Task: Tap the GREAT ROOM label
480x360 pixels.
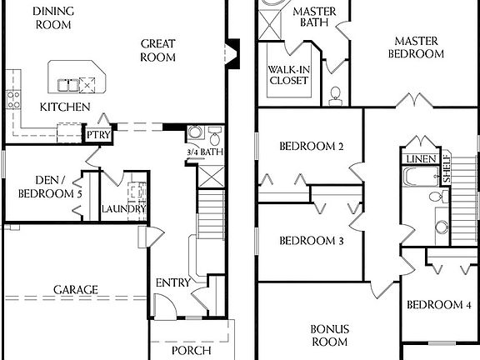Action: (x=157, y=51)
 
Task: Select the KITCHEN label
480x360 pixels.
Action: (x=65, y=107)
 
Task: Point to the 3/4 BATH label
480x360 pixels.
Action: (x=203, y=152)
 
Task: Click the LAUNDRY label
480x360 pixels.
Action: (x=124, y=208)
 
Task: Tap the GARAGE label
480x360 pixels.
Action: (x=76, y=290)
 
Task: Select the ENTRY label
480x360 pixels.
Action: (x=174, y=283)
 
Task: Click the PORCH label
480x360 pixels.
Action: (x=191, y=350)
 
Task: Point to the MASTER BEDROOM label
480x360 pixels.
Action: (x=417, y=47)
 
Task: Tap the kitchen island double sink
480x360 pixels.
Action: (x=74, y=82)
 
